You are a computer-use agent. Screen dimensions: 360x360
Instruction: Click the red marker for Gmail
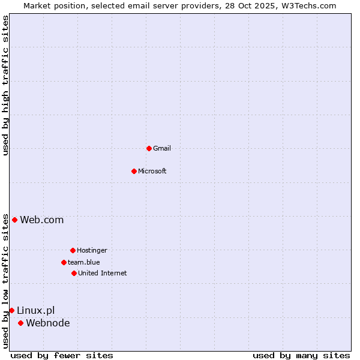coord(149,148)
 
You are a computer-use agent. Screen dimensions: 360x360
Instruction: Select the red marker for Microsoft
coord(134,171)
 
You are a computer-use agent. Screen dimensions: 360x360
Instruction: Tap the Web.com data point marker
coord(14,220)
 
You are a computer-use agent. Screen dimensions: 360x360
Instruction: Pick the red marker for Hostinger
coord(73,250)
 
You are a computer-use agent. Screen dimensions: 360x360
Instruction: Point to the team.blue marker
coord(64,262)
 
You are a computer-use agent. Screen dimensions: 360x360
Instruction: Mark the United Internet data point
coord(74,273)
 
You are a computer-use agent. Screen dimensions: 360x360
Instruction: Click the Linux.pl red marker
coord(11,310)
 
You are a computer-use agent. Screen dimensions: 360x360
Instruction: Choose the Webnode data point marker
coord(20,323)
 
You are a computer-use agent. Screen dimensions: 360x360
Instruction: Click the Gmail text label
coord(162,149)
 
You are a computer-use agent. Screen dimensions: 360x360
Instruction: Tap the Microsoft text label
coord(152,172)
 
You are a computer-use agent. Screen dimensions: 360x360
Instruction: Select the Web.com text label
coord(41,220)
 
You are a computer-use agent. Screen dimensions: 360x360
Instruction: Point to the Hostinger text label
coord(92,251)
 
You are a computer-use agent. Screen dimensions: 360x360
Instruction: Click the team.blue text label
coord(84,263)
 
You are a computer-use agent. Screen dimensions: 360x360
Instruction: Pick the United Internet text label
coord(103,274)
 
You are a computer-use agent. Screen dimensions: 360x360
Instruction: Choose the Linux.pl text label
coord(35,311)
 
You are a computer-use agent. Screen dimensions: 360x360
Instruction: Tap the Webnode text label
coord(47,323)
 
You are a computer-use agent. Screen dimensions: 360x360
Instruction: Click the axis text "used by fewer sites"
coord(62,356)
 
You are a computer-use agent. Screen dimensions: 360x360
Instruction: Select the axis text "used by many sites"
coord(301,356)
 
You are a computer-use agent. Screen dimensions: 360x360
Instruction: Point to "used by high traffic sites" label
coord(6,85)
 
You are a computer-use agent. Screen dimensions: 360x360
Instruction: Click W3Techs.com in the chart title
coord(308,5)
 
